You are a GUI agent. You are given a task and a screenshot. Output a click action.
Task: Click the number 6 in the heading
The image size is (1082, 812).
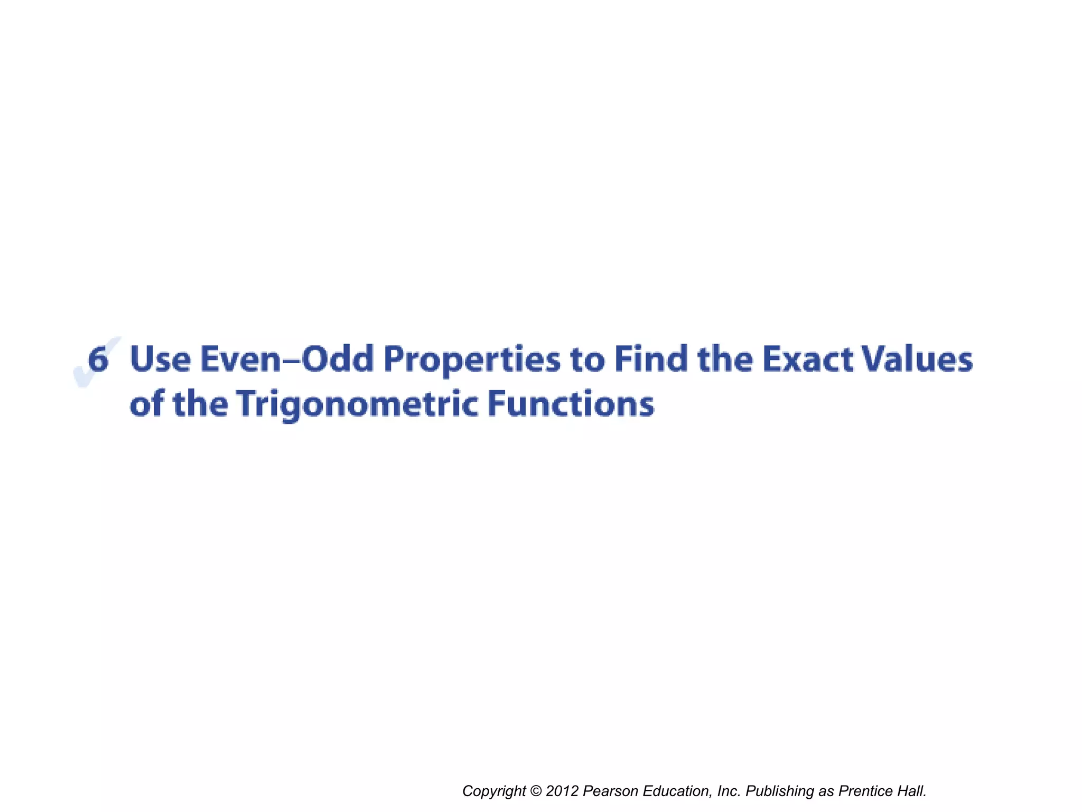click(x=98, y=359)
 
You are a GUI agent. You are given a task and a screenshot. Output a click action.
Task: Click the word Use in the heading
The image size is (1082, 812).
click(x=160, y=359)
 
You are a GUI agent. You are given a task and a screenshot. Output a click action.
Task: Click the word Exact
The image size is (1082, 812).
click(x=808, y=359)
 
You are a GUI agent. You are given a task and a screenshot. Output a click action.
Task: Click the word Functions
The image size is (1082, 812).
click(x=571, y=404)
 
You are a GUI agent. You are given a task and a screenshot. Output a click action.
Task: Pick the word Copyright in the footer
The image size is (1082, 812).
click(x=494, y=791)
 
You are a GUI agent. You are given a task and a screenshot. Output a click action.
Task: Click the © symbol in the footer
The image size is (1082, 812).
click(x=536, y=791)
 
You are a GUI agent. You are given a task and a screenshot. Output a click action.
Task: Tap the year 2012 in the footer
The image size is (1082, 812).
click(x=562, y=791)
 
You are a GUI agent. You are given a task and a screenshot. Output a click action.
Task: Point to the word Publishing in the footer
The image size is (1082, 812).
click(x=780, y=791)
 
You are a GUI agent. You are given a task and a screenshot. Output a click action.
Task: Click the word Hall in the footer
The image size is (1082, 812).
click(x=912, y=791)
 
